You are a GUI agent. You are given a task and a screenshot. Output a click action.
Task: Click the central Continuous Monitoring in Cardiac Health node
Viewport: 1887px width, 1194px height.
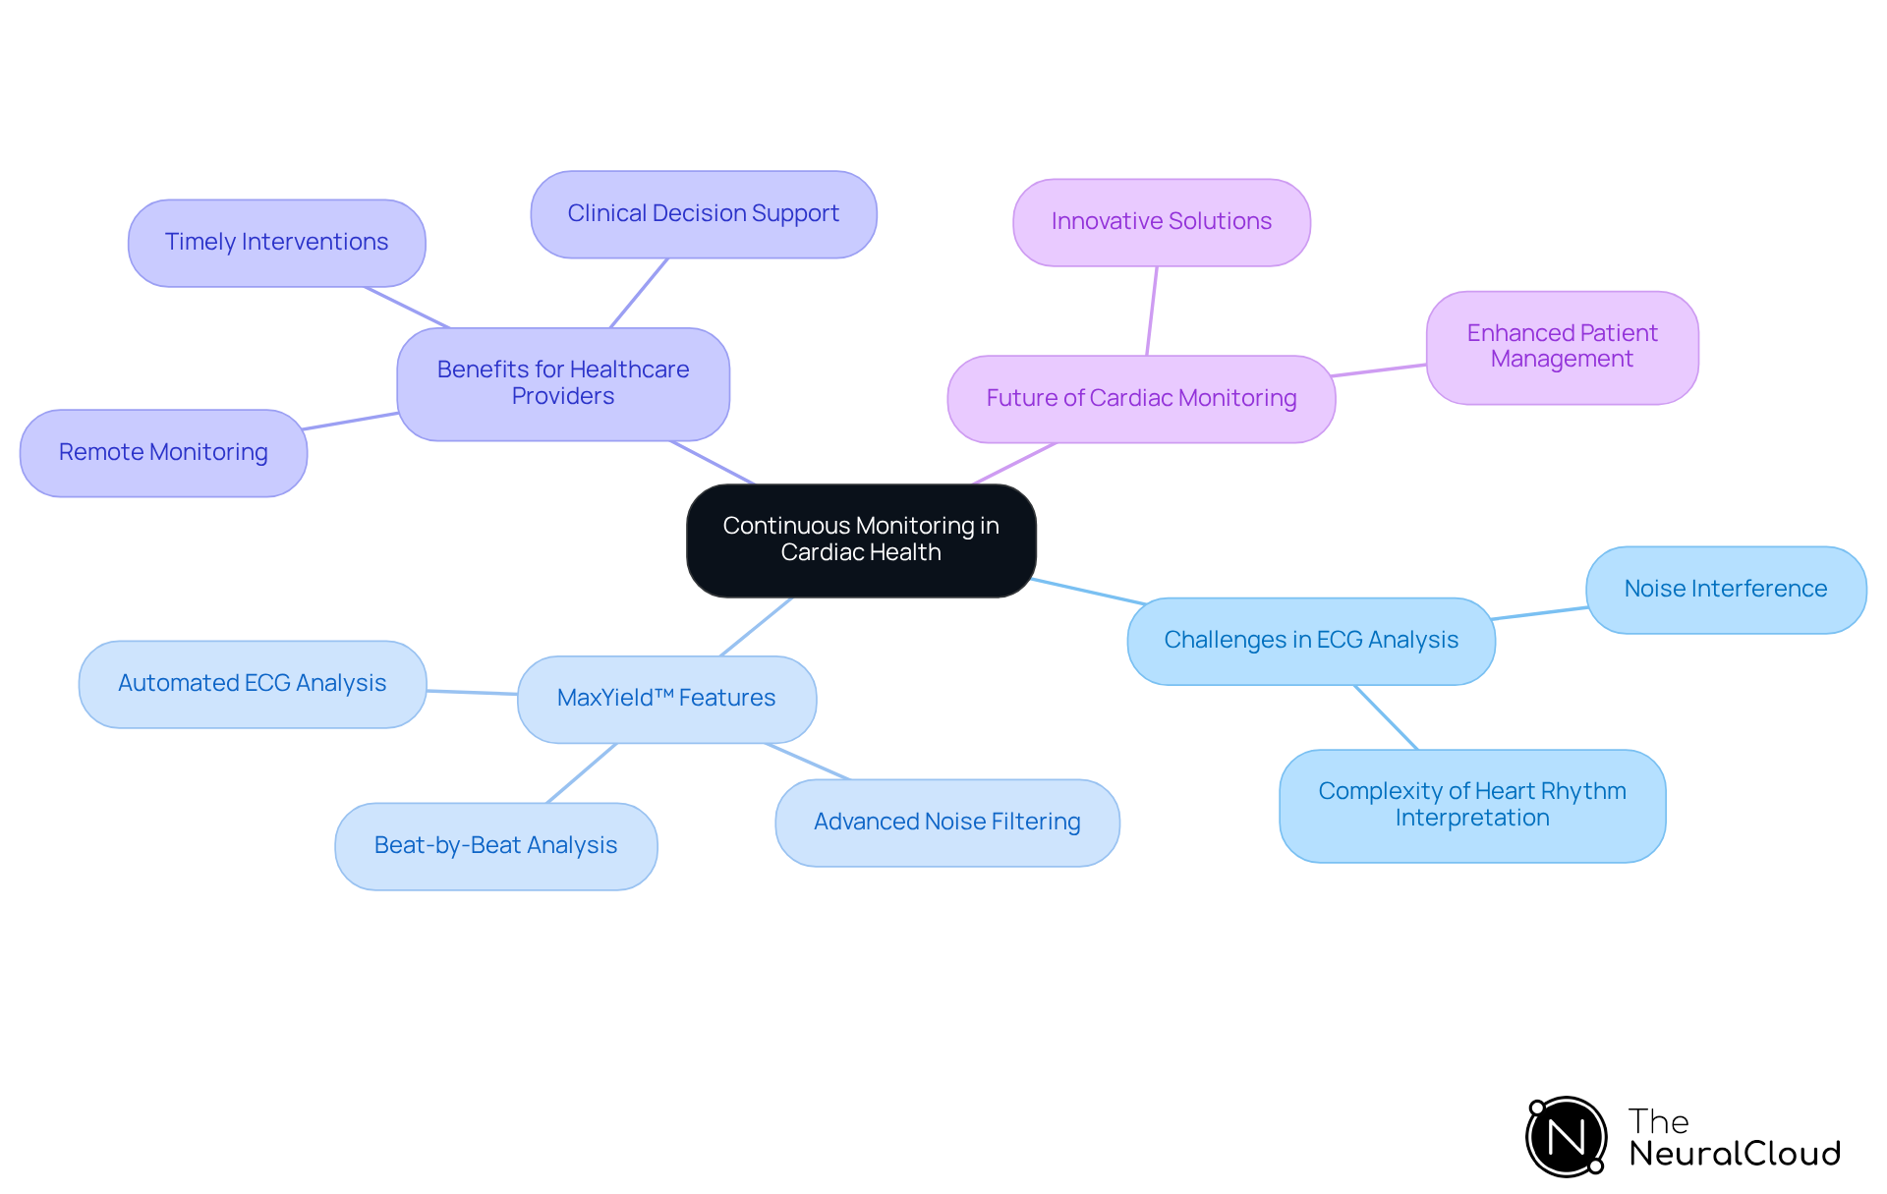pos(861,540)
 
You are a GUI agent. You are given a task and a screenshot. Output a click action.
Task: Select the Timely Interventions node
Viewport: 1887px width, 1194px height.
pos(276,243)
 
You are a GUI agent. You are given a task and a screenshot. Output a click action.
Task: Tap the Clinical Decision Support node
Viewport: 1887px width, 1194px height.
pos(703,214)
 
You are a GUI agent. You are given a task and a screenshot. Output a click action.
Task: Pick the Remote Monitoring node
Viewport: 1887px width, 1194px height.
pos(163,453)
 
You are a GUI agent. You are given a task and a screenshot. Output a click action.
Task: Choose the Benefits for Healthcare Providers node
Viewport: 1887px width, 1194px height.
pos(562,383)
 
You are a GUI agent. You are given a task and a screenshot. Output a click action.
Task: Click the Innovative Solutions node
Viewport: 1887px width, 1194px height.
pos(1161,222)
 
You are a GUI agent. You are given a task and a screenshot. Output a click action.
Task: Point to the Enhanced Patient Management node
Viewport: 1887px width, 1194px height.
pos(1562,347)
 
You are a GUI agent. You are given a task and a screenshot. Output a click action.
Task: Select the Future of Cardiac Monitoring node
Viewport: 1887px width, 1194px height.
pos(1140,399)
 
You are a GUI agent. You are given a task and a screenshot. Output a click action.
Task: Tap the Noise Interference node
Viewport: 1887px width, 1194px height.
pos(1725,590)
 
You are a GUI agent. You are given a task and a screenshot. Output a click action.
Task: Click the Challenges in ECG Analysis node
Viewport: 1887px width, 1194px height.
pos(1310,641)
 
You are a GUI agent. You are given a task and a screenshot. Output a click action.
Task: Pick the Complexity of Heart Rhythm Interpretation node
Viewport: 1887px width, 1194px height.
pos(1471,805)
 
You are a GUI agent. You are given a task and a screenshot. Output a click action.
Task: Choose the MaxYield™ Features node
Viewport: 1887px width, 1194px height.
pos(666,699)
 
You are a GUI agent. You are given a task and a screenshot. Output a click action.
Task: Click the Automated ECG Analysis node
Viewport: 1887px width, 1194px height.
pos(252,684)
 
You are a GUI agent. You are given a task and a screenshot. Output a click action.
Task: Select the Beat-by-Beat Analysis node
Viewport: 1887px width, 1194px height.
pos(495,846)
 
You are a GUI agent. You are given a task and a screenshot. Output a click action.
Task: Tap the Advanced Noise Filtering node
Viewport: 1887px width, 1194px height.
pos(946,823)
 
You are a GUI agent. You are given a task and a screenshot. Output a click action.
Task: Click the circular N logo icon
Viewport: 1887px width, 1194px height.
pos(1566,1137)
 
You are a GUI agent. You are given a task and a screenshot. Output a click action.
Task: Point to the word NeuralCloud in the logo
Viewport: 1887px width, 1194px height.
pos(1734,1154)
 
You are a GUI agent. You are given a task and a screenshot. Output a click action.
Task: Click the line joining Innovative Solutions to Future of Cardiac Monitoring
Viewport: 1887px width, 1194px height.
pos(1152,311)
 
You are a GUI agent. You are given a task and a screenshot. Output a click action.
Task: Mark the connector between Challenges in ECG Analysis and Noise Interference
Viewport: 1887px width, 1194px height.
pos(1540,613)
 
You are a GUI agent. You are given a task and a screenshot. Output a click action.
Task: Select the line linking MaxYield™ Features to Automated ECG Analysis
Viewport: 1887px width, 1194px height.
pos(472,693)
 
